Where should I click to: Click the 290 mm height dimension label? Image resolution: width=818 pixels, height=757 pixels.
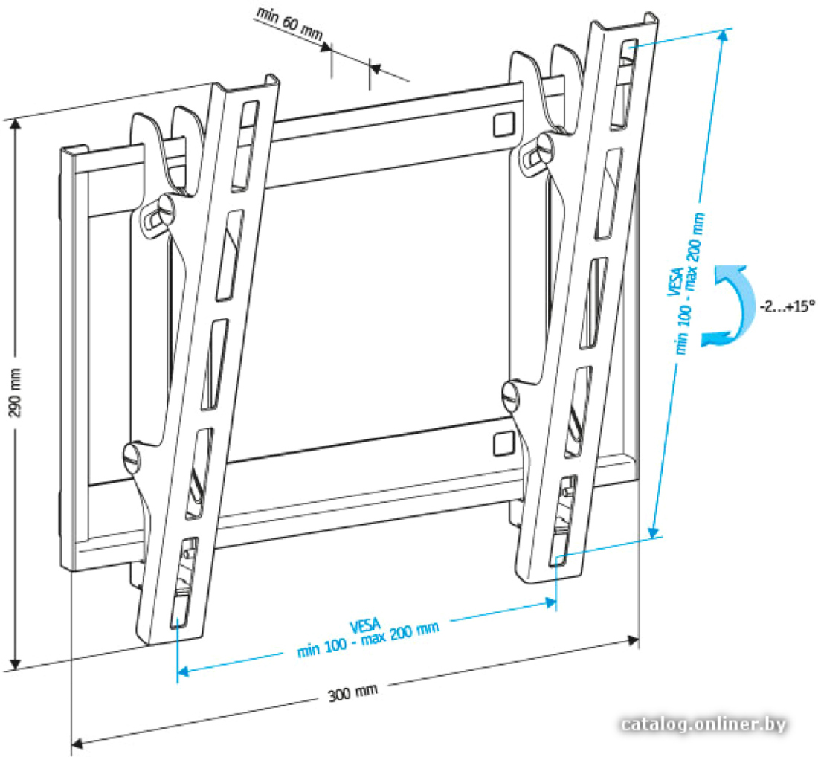tap(16, 392)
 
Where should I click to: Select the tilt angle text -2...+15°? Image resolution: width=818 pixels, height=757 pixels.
tap(788, 306)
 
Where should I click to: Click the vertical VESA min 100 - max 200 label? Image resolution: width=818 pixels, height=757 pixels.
tap(686, 284)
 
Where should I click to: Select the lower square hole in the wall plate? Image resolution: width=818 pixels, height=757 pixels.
tap(503, 443)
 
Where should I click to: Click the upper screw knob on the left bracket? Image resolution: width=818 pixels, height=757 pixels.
tap(158, 214)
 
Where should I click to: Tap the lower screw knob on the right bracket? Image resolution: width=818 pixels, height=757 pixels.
tap(512, 395)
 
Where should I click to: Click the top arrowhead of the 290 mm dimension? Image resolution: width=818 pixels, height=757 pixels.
tap(16, 125)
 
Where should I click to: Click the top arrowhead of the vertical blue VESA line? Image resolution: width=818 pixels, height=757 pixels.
tap(723, 36)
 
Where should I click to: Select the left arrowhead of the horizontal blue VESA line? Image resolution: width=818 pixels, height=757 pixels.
tap(183, 671)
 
